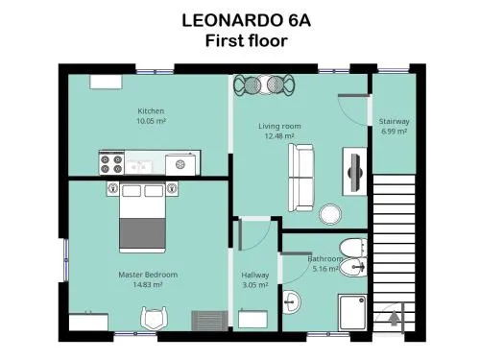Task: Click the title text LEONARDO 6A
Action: (x=246, y=21)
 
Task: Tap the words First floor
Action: (x=246, y=41)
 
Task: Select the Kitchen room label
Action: (x=151, y=111)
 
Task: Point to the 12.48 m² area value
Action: (x=279, y=136)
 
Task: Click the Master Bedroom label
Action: (x=148, y=275)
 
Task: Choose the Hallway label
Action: (x=255, y=275)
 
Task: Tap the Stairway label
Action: (x=395, y=121)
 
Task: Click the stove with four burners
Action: (x=111, y=163)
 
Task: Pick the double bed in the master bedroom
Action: (x=142, y=217)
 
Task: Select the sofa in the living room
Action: (x=300, y=178)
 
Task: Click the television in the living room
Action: (x=355, y=172)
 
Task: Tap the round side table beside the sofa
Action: (x=330, y=214)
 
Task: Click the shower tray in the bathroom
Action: (x=352, y=312)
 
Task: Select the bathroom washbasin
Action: (x=291, y=301)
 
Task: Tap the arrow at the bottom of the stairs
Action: (x=395, y=319)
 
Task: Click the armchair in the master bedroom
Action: (x=154, y=319)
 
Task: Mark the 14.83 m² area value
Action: (x=148, y=284)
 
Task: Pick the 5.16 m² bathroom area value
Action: (x=325, y=269)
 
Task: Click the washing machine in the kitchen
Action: (x=180, y=165)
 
